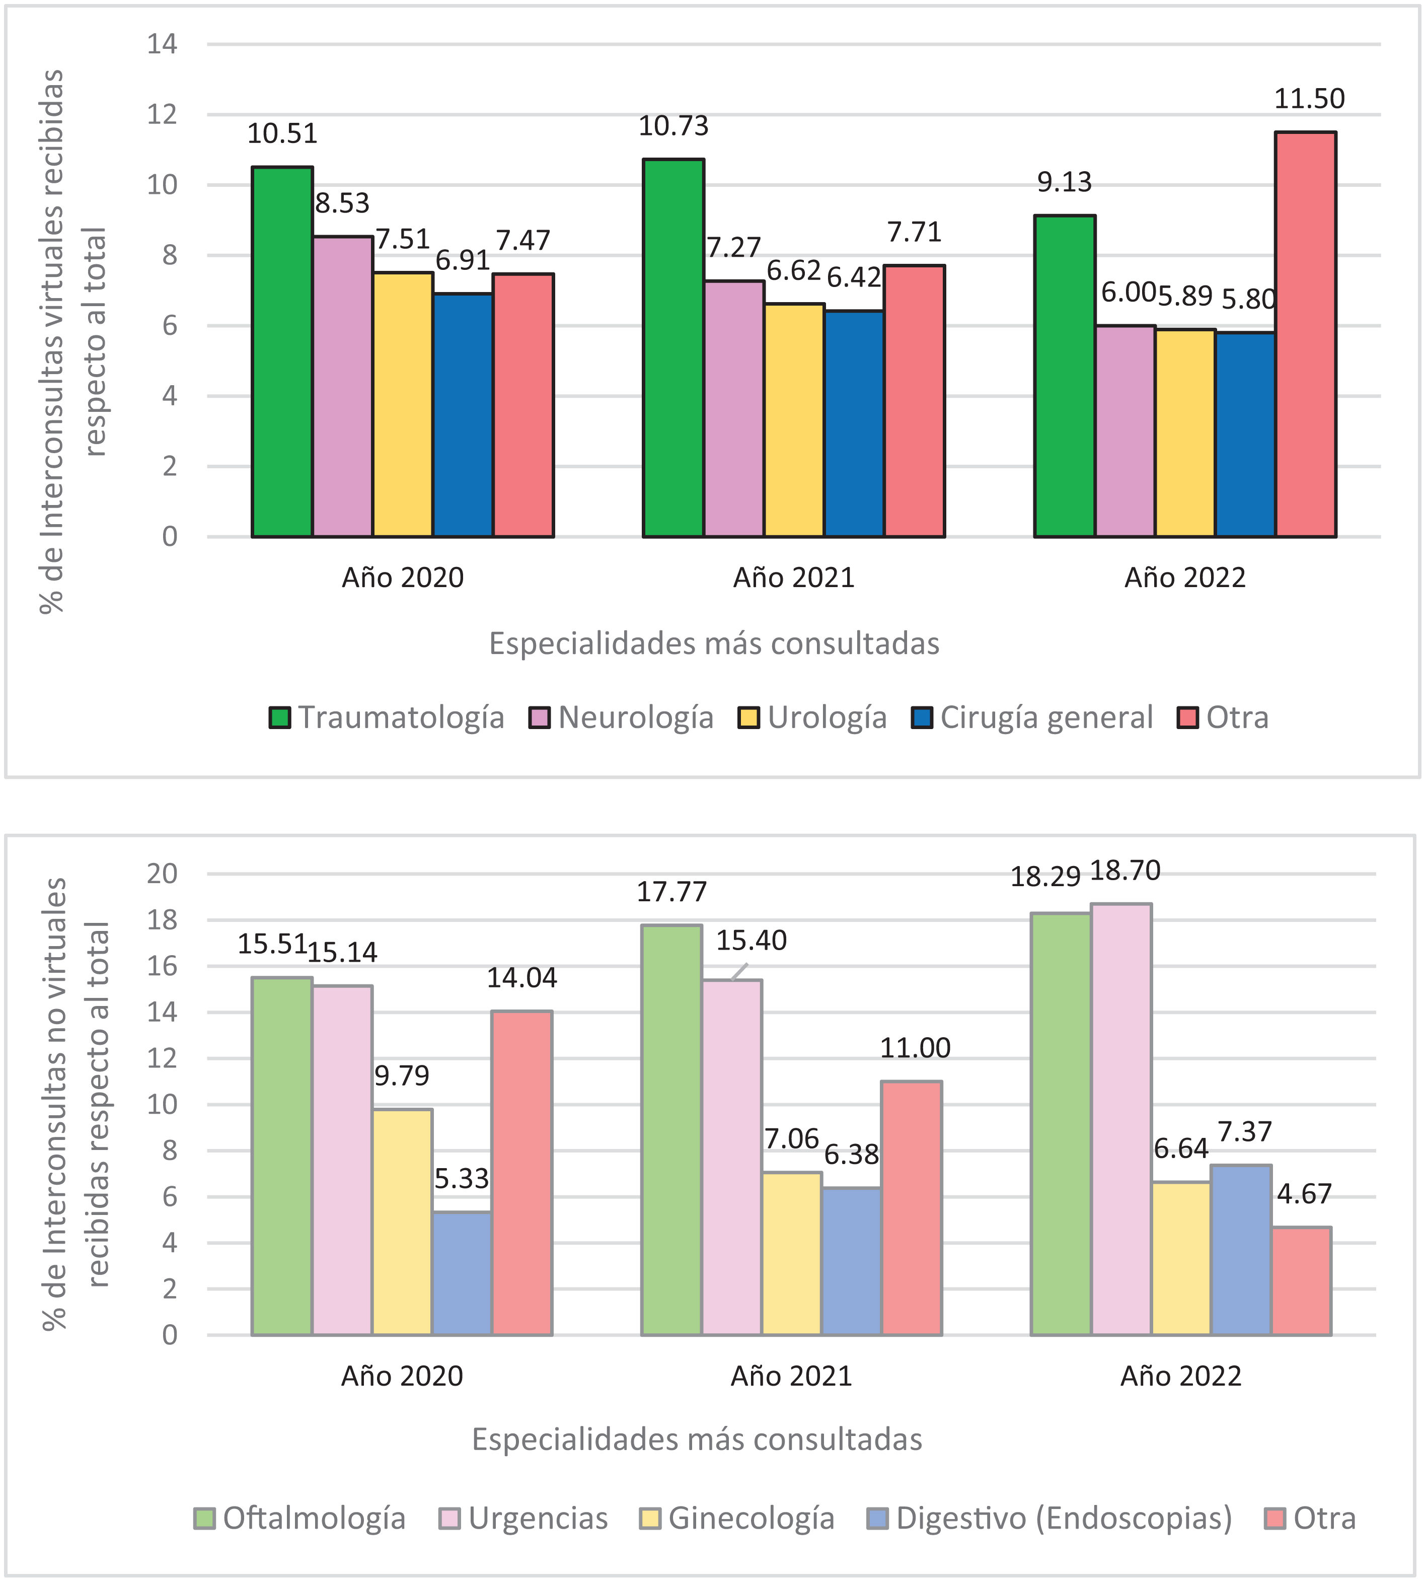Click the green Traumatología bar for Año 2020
pos(282,352)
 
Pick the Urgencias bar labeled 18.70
pos(1121,1120)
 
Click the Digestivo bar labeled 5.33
pos(462,1273)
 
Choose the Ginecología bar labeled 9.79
pos(402,1223)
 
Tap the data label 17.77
pos(671,892)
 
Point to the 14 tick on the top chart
pos(162,44)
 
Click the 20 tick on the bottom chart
pos(162,873)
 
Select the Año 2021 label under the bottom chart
pos(791,1377)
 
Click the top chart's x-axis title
pos(714,644)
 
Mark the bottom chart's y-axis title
pos(77,1104)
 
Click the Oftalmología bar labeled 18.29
pos(1061,1124)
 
